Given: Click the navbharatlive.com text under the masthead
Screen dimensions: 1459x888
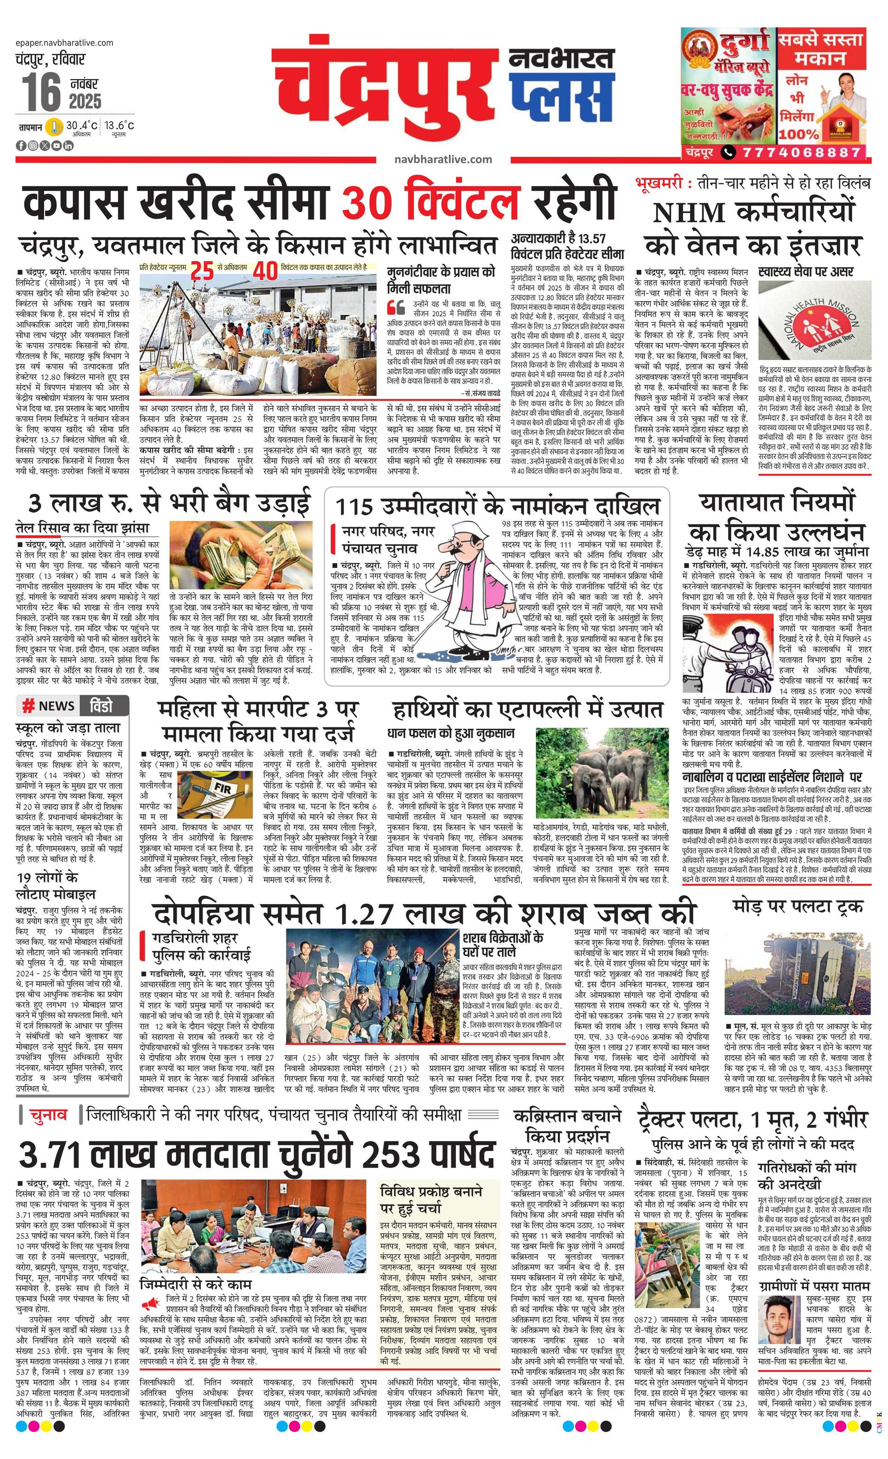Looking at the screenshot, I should coord(443,159).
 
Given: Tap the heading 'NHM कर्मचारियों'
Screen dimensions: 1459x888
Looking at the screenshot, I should coord(754,212).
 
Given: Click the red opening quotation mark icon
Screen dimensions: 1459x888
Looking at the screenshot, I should coord(393,307).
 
